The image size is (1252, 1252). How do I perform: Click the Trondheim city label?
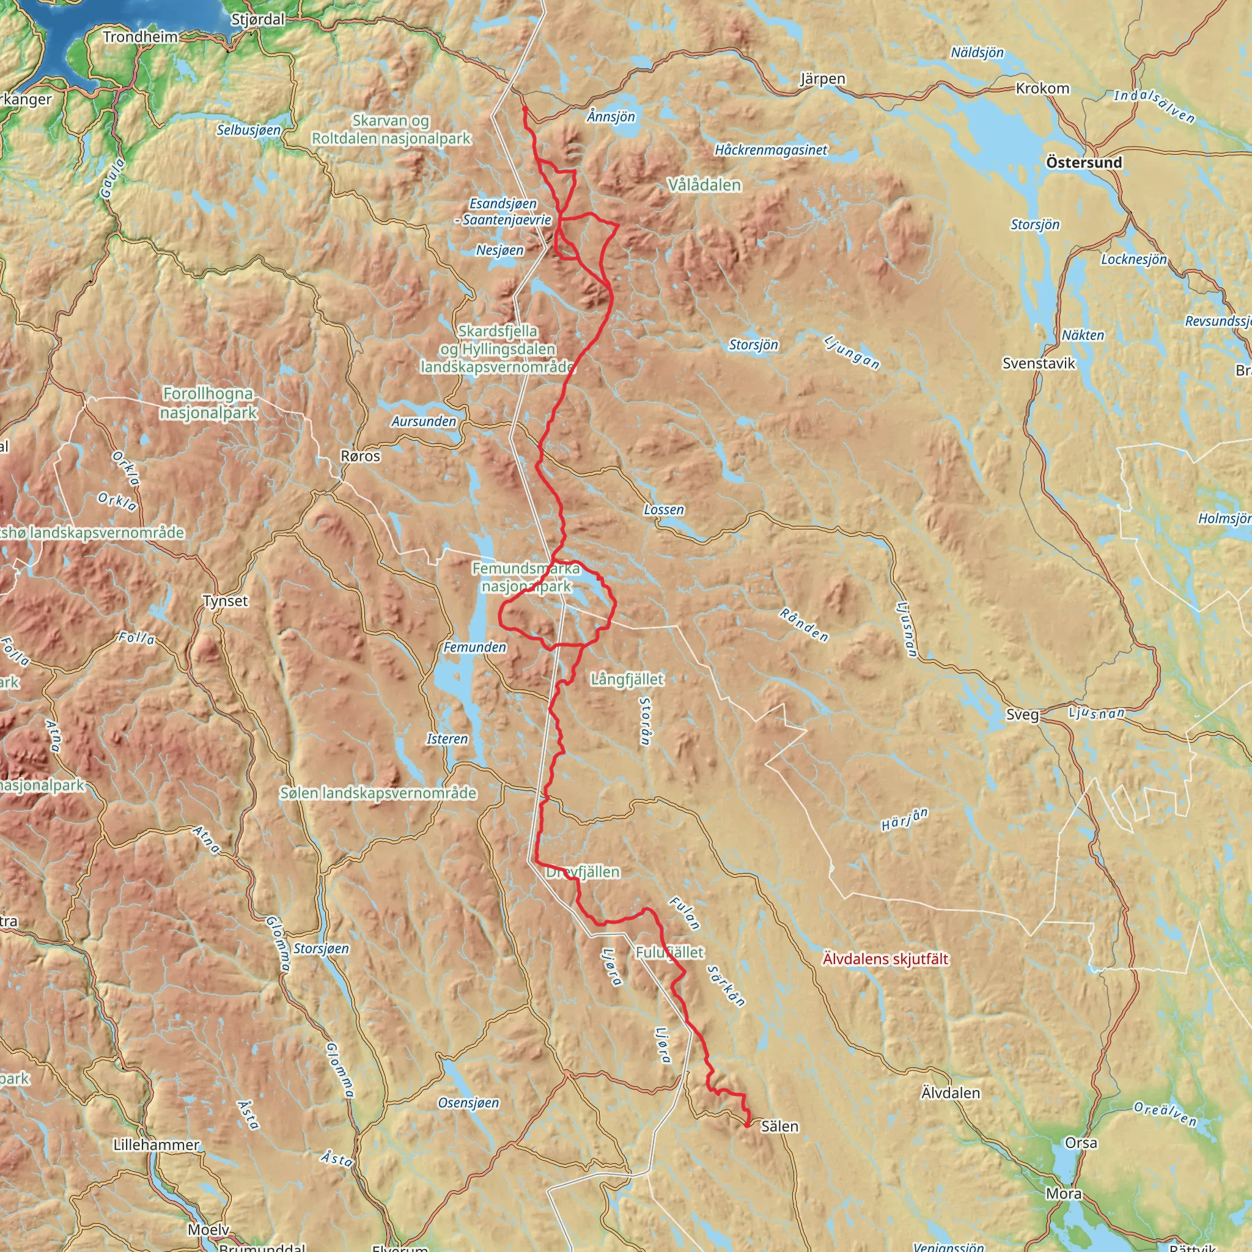pos(140,37)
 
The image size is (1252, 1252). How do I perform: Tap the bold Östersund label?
pos(1083,163)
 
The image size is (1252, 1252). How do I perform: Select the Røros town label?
pos(360,456)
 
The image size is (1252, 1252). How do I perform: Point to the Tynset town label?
pos(225,601)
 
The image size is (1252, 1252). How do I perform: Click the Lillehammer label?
pos(156,1145)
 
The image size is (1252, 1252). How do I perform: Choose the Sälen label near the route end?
pos(779,1127)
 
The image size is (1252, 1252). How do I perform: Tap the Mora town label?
pos(1064,1194)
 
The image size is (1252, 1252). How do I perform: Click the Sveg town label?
pos(1023,715)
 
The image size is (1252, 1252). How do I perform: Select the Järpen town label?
pos(822,79)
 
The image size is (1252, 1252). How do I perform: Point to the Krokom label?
pos(1042,88)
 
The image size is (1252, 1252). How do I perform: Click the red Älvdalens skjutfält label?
pos(885,959)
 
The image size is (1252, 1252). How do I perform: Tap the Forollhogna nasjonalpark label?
pos(208,403)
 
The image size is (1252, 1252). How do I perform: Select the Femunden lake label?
pos(475,647)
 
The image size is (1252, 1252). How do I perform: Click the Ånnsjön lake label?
pos(611,117)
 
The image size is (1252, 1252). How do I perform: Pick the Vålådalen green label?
pos(704,185)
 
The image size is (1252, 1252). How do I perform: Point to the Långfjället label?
pos(627,679)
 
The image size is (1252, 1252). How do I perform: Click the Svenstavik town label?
pos(1039,364)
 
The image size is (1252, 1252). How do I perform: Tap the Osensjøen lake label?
pos(468,1103)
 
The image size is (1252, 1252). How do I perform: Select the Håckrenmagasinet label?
pos(770,150)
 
